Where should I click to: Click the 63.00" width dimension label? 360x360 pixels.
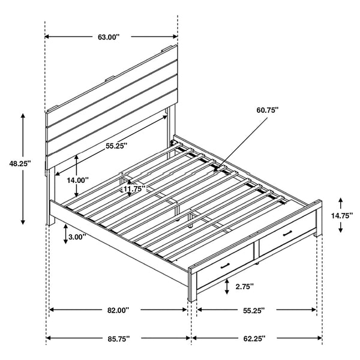coord(109,37)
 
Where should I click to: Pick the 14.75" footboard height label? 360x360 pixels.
coord(341,215)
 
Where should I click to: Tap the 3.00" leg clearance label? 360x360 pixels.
coord(76,237)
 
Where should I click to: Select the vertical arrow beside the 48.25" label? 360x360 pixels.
coord(24,168)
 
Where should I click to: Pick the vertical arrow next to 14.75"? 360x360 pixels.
coord(340,215)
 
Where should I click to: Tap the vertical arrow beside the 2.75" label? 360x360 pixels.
coord(227,288)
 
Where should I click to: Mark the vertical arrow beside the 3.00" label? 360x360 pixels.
coord(65,235)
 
